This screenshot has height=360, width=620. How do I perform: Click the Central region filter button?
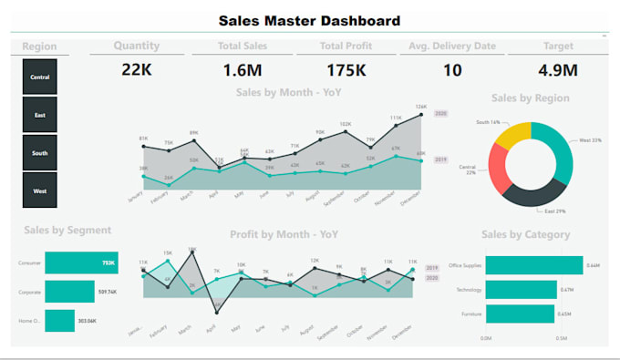tap(40, 77)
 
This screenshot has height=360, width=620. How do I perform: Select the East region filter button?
tap(40, 115)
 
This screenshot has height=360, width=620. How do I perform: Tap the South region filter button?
tap(40, 153)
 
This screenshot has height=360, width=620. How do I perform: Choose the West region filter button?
tap(40, 190)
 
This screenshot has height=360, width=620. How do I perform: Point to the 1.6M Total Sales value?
tap(242, 69)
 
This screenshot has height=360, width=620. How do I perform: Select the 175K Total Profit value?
tap(346, 69)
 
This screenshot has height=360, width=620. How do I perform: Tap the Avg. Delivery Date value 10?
tap(452, 69)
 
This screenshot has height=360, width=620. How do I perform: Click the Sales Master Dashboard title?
tap(309, 20)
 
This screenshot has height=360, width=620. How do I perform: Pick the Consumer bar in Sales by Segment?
tap(81, 262)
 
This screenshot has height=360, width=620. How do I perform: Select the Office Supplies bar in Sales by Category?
tap(533, 265)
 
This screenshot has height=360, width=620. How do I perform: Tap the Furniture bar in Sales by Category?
tap(520, 314)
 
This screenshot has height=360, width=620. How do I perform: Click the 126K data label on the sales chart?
tap(420, 107)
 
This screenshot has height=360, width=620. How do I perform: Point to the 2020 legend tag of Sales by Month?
tap(441, 113)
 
